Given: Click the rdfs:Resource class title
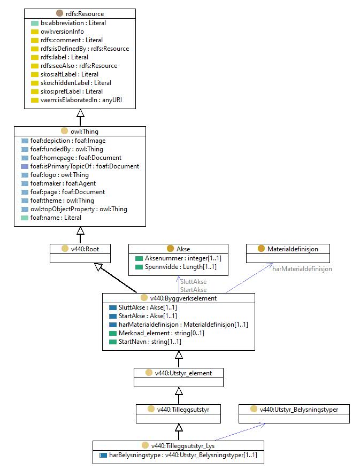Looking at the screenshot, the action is pyautogui.click(x=85, y=14).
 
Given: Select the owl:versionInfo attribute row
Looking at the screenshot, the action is pyautogui.click(x=62, y=32).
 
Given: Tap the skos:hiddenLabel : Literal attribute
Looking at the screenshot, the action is pyautogui.click(x=76, y=83).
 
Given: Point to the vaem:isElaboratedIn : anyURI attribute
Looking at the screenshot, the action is pyautogui.click(x=81, y=100).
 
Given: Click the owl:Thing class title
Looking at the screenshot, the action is pyautogui.click(x=84, y=132).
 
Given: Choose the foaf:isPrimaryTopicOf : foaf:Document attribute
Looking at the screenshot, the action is pyautogui.click(x=85, y=166).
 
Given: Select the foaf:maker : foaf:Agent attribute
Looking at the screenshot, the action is pyautogui.click(x=63, y=183).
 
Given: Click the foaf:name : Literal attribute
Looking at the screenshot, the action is pyautogui.click(x=56, y=217).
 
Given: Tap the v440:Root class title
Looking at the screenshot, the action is pyautogui.click(x=85, y=249).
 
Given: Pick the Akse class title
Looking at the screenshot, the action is pyautogui.click(x=183, y=249).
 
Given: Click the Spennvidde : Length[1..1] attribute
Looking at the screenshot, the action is pyautogui.click(x=180, y=266).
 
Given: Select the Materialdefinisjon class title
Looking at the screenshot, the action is pyautogui.click(x=293, y=249).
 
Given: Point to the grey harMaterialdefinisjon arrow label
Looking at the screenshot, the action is pyautogui.click(x=302, y=269).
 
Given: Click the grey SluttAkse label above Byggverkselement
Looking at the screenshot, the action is pyautogui.click(x=193, y=281).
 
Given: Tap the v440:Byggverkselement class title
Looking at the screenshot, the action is pyautogui.click(x=183, y=298).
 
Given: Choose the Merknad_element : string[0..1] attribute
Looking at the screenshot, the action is pyautogui.click(x=161, y=333).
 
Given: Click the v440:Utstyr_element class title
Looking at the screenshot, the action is pyautogui.click(x=183, y=373).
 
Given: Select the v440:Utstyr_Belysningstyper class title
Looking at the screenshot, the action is pyautogui.click(x=299, y=409).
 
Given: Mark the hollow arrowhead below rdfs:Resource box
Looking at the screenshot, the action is pyautogui.click(x=80, y=113).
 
